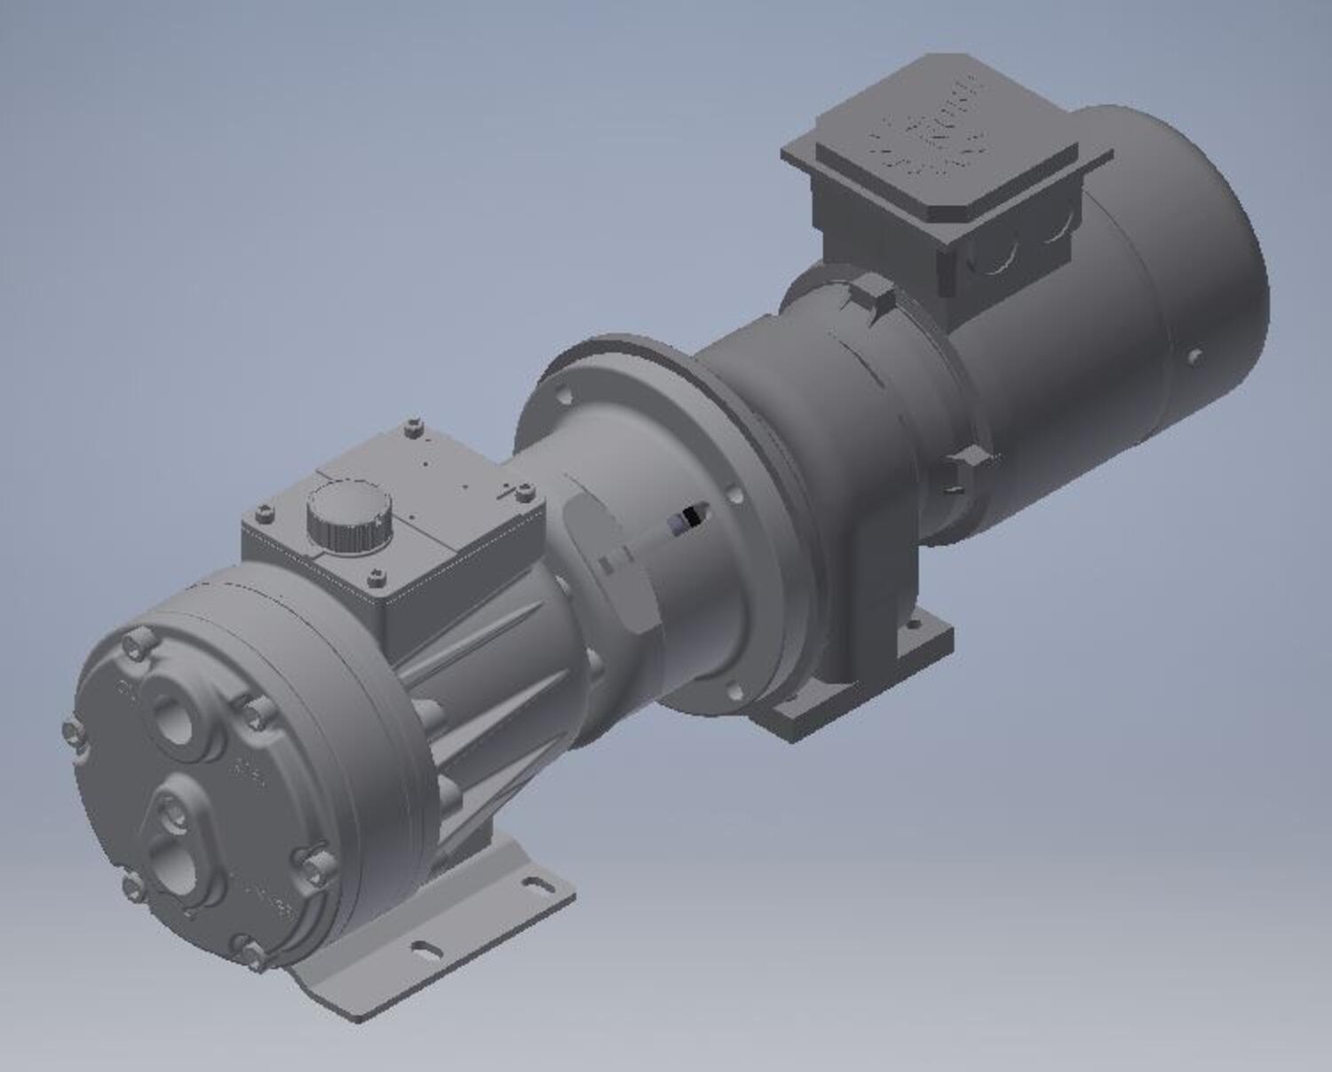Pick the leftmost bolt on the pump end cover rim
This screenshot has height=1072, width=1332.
[72, 730]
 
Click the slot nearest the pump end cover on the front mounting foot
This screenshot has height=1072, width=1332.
[426, 948]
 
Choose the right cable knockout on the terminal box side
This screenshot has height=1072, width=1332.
[1054, 233]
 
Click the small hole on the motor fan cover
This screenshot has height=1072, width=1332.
[1194, 357]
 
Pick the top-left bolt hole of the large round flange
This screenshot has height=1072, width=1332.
[559, 391]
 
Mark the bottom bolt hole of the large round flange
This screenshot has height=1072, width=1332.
[733, 690]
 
